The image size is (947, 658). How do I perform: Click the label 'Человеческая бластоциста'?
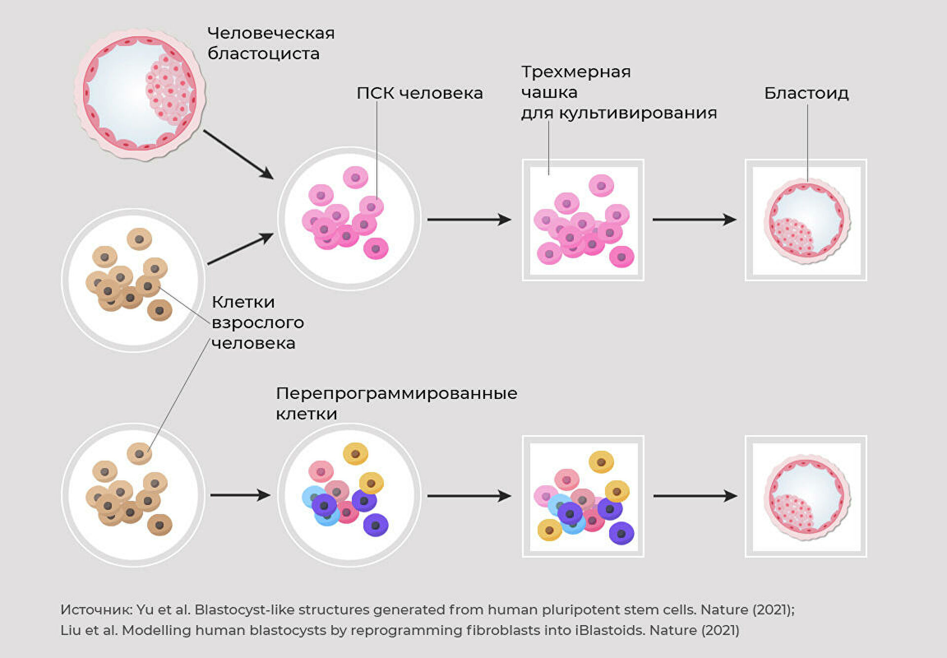tap(270, 43)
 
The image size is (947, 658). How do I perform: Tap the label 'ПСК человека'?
tap(419, 93)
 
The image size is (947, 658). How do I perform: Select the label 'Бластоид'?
tap(806, 93)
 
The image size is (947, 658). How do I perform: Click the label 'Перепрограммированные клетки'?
tap(396, 403)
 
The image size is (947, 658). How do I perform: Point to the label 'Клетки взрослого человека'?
tap(257, 322)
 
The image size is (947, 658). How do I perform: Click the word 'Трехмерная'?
tap(576, 72)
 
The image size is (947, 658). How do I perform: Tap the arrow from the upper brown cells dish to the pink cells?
tap(240, 249)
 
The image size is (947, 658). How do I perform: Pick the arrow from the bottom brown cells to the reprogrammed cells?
tap(240, 495)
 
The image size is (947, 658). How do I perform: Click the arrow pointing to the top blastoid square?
tap(694, 219)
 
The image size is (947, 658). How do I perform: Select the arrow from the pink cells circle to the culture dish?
tap(469, 219)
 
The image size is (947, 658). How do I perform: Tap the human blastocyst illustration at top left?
tap(140, 94)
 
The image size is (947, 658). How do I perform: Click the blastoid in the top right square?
tap(806, 221)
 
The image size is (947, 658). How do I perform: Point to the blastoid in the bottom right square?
tap(806, 497)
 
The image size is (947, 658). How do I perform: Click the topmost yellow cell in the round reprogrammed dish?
tap(355, 453)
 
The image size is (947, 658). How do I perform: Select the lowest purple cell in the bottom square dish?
tap(621, 533)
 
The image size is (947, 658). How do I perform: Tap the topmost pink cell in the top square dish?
tap(601, 186)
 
